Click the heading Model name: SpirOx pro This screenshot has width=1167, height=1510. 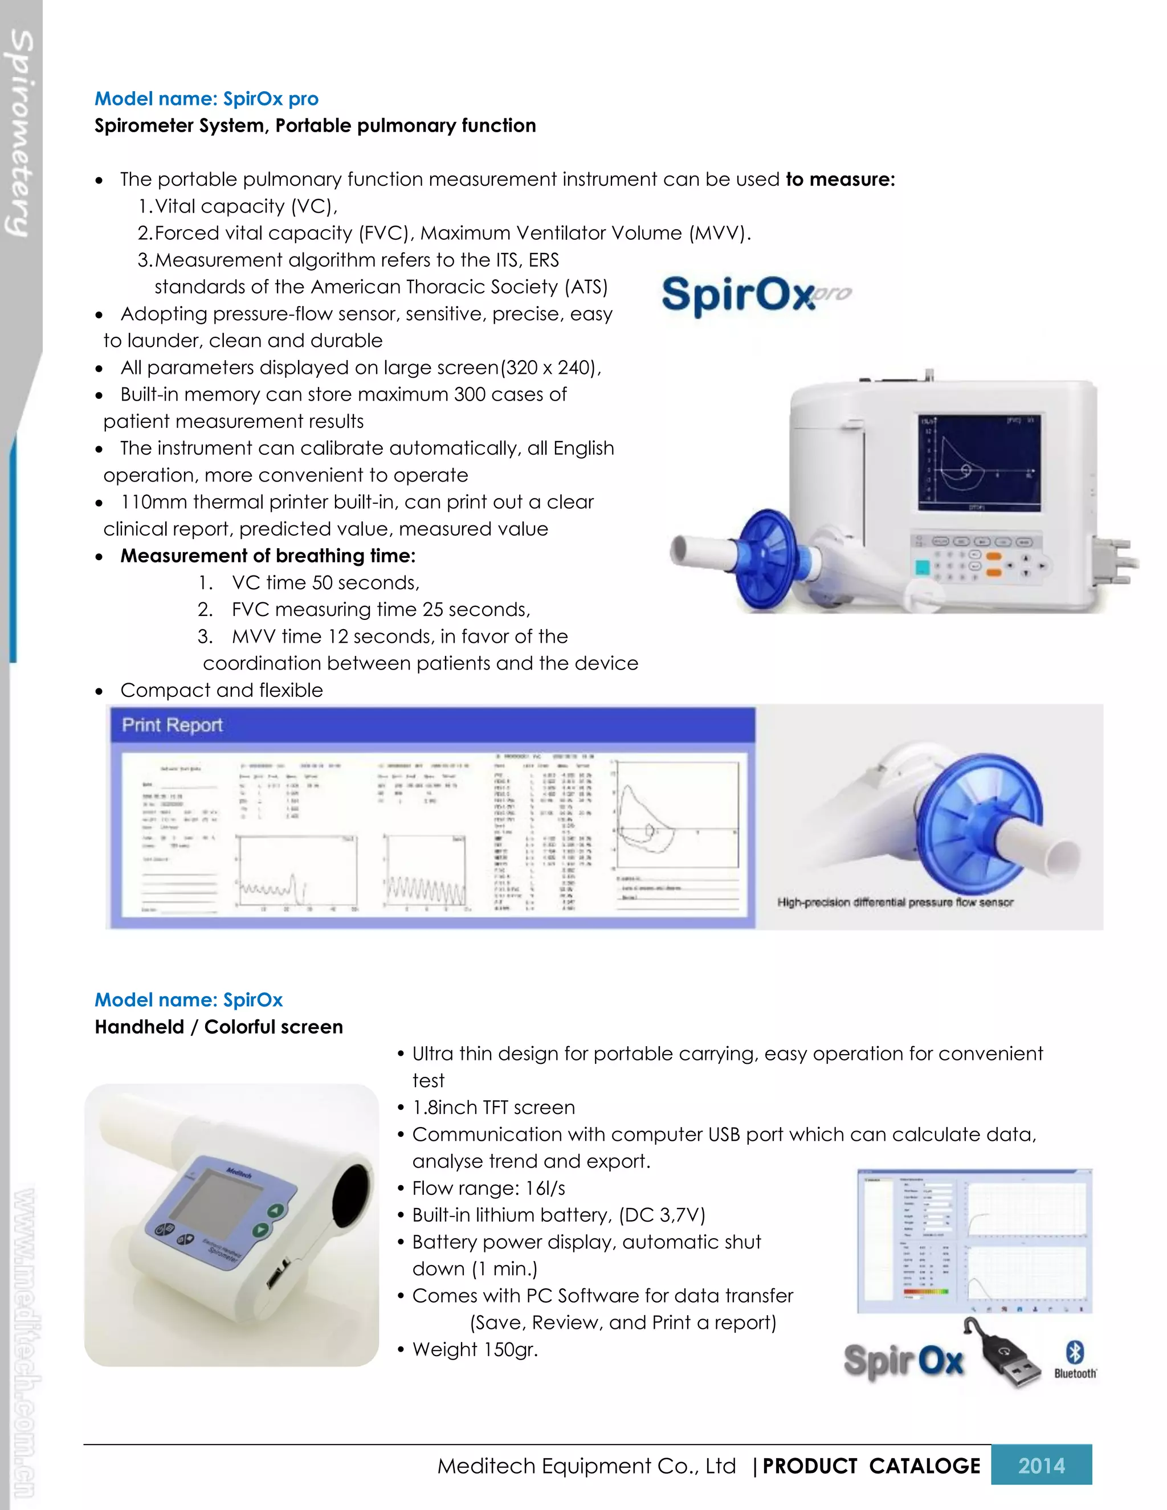[206, 99]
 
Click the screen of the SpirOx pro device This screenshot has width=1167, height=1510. [978, 463]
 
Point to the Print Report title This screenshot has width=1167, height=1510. [172, 725]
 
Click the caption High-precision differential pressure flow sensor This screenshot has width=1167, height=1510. [895, 902]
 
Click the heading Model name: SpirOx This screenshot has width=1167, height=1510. [188, 1000]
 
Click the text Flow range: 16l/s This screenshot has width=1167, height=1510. [488, 1188]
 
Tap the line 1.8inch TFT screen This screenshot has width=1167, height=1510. [493, 1107]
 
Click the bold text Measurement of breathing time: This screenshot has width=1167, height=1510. [268, 556]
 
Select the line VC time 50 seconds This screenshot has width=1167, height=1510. [325, 583]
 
